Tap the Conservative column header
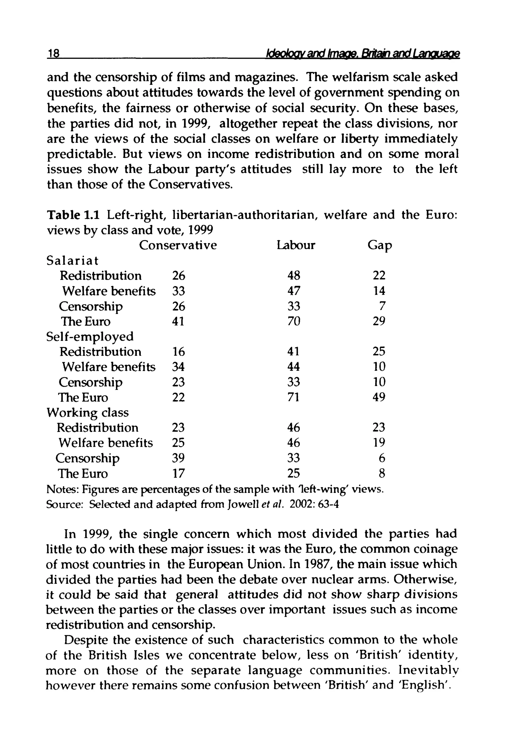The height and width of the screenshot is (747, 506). click(x=178, y=245)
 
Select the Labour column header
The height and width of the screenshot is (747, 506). click(x=296, y=245)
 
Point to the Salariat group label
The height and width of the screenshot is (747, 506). click(x=73, y=260)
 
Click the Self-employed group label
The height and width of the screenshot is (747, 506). click(x=90, y=337)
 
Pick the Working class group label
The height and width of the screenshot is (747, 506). click(x=87, y=413)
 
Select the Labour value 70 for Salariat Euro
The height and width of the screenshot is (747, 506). click(x=294, y=321)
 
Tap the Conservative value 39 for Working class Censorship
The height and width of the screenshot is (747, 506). click(x=178, y=458)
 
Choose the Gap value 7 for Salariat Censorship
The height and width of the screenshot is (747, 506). click(x=382, y=306)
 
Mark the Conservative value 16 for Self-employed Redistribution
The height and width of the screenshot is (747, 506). click(x=178, y=351)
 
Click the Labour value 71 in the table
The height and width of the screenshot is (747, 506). click(x=293, y=397)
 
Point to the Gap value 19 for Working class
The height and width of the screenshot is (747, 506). click(x=379, y=443)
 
